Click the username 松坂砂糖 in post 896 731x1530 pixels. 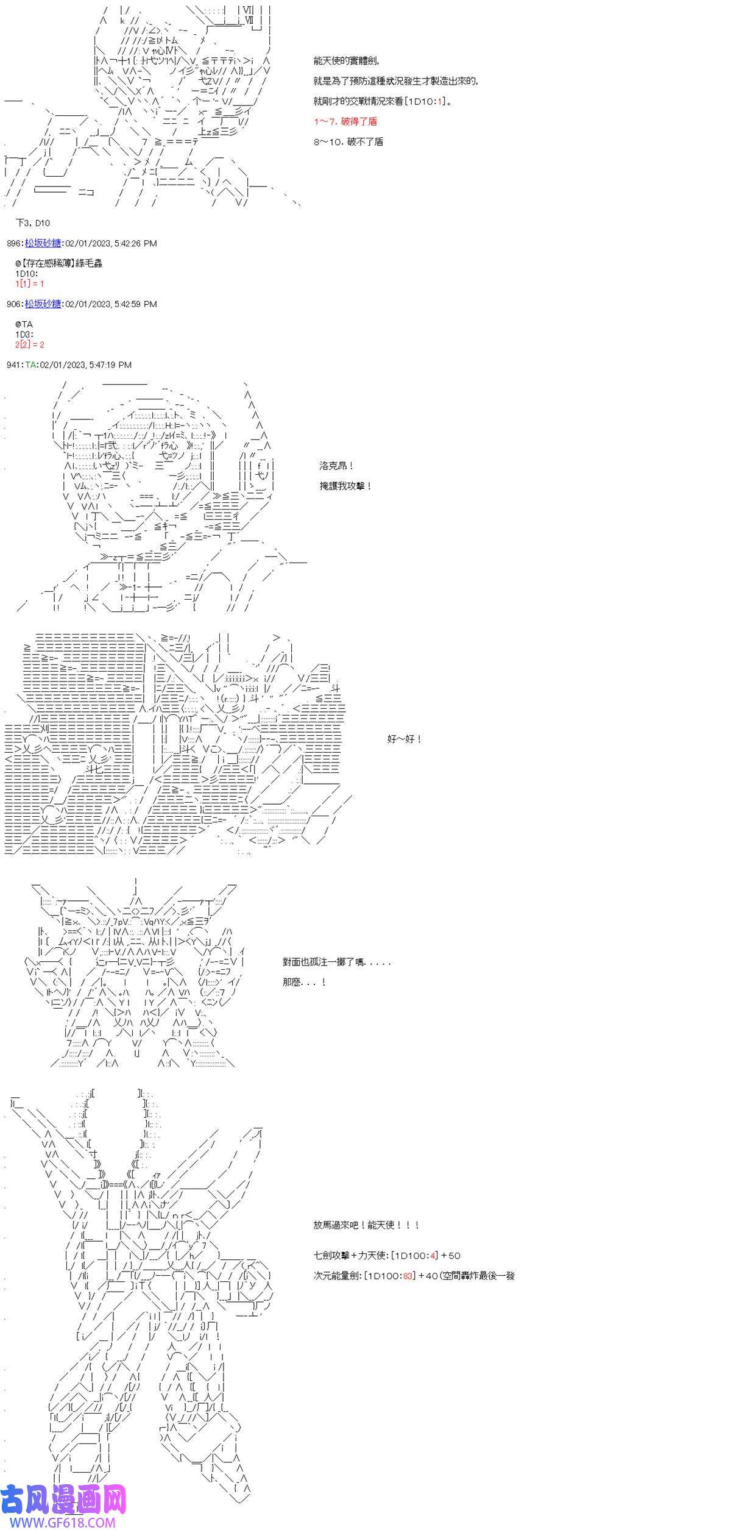(x=43, y=243)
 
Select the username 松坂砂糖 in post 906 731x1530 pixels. (x=43, y=304)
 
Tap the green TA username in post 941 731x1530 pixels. (x=30, y=365)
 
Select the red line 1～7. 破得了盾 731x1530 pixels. (x=345, y=121)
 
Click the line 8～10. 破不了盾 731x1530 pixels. (x=348, y=142)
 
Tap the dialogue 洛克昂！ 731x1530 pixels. (x=337, y=466)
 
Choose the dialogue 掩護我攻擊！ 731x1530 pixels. (x=345, y=486)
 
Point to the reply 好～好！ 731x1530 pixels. (x=404, y=739)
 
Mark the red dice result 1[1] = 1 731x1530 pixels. (x=30, y=284)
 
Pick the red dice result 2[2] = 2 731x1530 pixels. (x=30, y=345)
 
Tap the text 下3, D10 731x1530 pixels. (x=33, y=223)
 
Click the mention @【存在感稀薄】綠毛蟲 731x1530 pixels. (x=59, y=263)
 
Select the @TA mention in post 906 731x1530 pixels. (x=24, y=325)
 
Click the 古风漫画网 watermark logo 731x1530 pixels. (x=63, y=1499)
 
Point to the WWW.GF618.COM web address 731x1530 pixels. (x=55, y=1521)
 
